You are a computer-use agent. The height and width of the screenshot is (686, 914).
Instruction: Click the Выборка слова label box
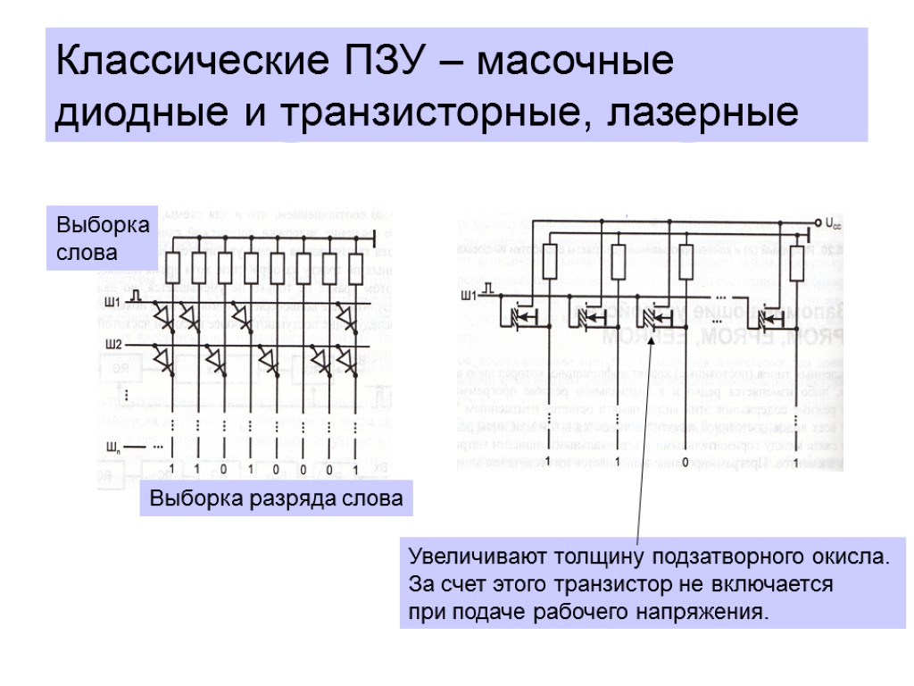point(101,237)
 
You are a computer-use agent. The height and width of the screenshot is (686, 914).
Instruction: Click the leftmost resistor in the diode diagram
point(173,264)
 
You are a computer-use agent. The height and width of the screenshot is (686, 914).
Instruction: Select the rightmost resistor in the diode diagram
point(353,264)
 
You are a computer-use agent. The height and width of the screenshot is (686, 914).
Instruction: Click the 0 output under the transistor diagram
point(685,462)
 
